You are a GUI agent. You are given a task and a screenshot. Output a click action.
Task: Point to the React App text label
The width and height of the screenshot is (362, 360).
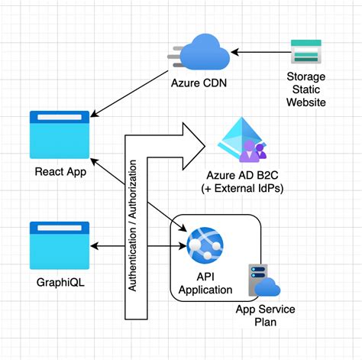(x=59, y=171)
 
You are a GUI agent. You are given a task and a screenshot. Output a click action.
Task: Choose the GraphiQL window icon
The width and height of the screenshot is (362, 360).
(x=59, y=245)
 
